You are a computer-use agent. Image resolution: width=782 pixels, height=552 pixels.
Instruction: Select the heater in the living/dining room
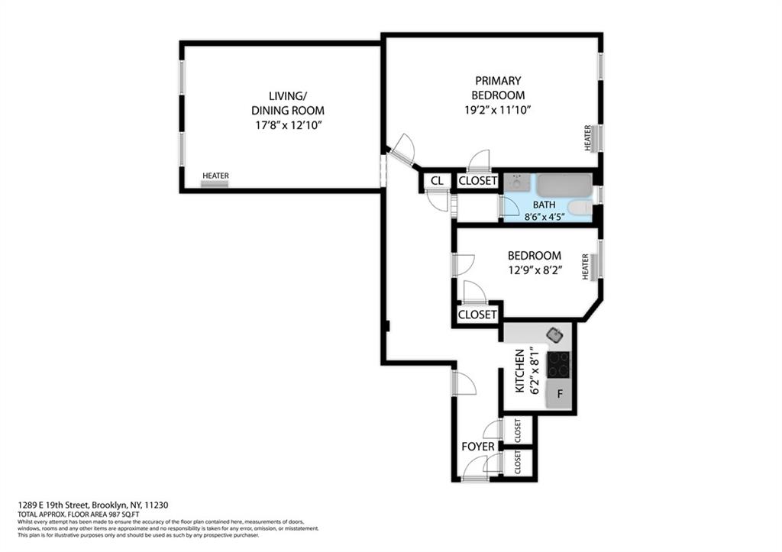[x=215, y=179]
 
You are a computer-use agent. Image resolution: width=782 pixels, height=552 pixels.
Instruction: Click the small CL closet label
[x=437, y=181]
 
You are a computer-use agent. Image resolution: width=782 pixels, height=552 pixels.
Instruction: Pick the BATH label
[x=544, y=205]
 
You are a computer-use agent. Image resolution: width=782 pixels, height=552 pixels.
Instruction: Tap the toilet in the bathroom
[x=580, y=207]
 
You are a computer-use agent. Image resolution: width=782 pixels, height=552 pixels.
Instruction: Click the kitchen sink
[x=555, y=334]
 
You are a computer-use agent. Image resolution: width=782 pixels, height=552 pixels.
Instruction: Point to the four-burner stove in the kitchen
[x=559, y=364]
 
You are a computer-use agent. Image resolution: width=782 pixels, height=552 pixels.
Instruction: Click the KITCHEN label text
[x=520, y=371]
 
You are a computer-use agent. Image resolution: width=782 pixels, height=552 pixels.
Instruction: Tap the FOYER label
[x=478, y=447]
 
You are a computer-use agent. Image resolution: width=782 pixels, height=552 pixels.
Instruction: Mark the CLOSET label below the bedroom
[x=477, y=315]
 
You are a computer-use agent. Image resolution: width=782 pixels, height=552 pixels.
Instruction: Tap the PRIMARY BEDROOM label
[x=498, y=88]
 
